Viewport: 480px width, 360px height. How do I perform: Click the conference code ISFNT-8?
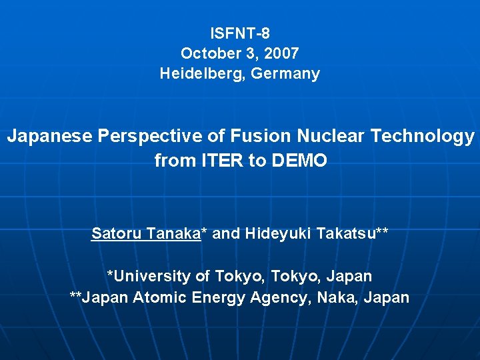pyautogui.click(x=240, y=33)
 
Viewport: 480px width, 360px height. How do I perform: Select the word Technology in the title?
pyautogui.click(x=423, y=137)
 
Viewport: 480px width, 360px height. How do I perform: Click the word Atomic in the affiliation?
pyautogui.click(x=160, y=297)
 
